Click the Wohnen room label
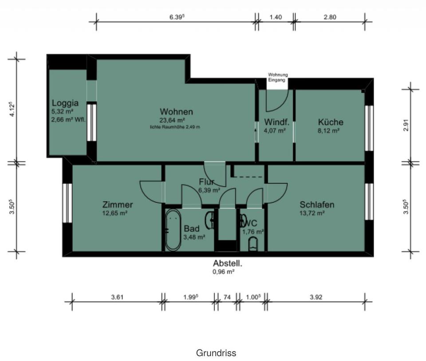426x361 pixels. (176, 111)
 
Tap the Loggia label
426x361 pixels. (65, 103)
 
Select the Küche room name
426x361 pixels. (330, 122)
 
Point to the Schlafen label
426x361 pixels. (317, 204)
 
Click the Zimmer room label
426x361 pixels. (117, 204)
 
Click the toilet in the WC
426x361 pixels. (252, 244)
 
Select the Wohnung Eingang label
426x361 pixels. (278, 77)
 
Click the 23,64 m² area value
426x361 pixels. (172, 120)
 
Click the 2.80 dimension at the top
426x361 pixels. (330, 17)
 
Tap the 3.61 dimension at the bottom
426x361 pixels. (117, 297)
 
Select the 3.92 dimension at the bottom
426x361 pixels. (316, 297)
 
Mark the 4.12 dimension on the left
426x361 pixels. (13, 109)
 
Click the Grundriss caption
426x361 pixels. (216, 353)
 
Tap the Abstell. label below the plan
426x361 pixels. (227, 263)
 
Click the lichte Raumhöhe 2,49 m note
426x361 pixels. (175, 127)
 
